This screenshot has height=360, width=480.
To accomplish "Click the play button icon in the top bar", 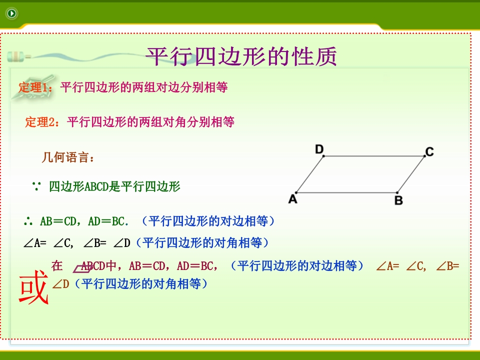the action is coord(12,13).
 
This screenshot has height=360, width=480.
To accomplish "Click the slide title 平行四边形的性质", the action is coord(241,56).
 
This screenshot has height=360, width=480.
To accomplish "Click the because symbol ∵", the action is coord(36,186).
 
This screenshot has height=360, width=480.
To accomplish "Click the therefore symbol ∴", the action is coord(28,221).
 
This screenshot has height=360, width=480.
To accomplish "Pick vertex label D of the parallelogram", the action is coord(319,149).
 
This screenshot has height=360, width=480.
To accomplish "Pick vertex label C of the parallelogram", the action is coord(429,152).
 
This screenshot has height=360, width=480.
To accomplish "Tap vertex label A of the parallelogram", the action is coord(292,199).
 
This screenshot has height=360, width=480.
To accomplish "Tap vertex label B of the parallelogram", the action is coord(398,200).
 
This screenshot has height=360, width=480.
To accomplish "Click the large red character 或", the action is coord(33,287).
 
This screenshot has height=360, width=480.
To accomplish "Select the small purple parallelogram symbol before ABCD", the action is coord(82,269).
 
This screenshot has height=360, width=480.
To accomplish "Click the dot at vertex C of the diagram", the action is coord(424,156).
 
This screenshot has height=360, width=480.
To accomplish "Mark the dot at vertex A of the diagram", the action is coord(296,192).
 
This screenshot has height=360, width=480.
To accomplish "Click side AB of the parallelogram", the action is coord(347,192).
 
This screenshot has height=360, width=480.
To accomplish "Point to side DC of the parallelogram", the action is coord(374,156).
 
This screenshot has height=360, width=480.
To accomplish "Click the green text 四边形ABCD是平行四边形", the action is coord(114,186).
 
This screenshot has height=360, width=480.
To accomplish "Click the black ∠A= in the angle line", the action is coord(35,243).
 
